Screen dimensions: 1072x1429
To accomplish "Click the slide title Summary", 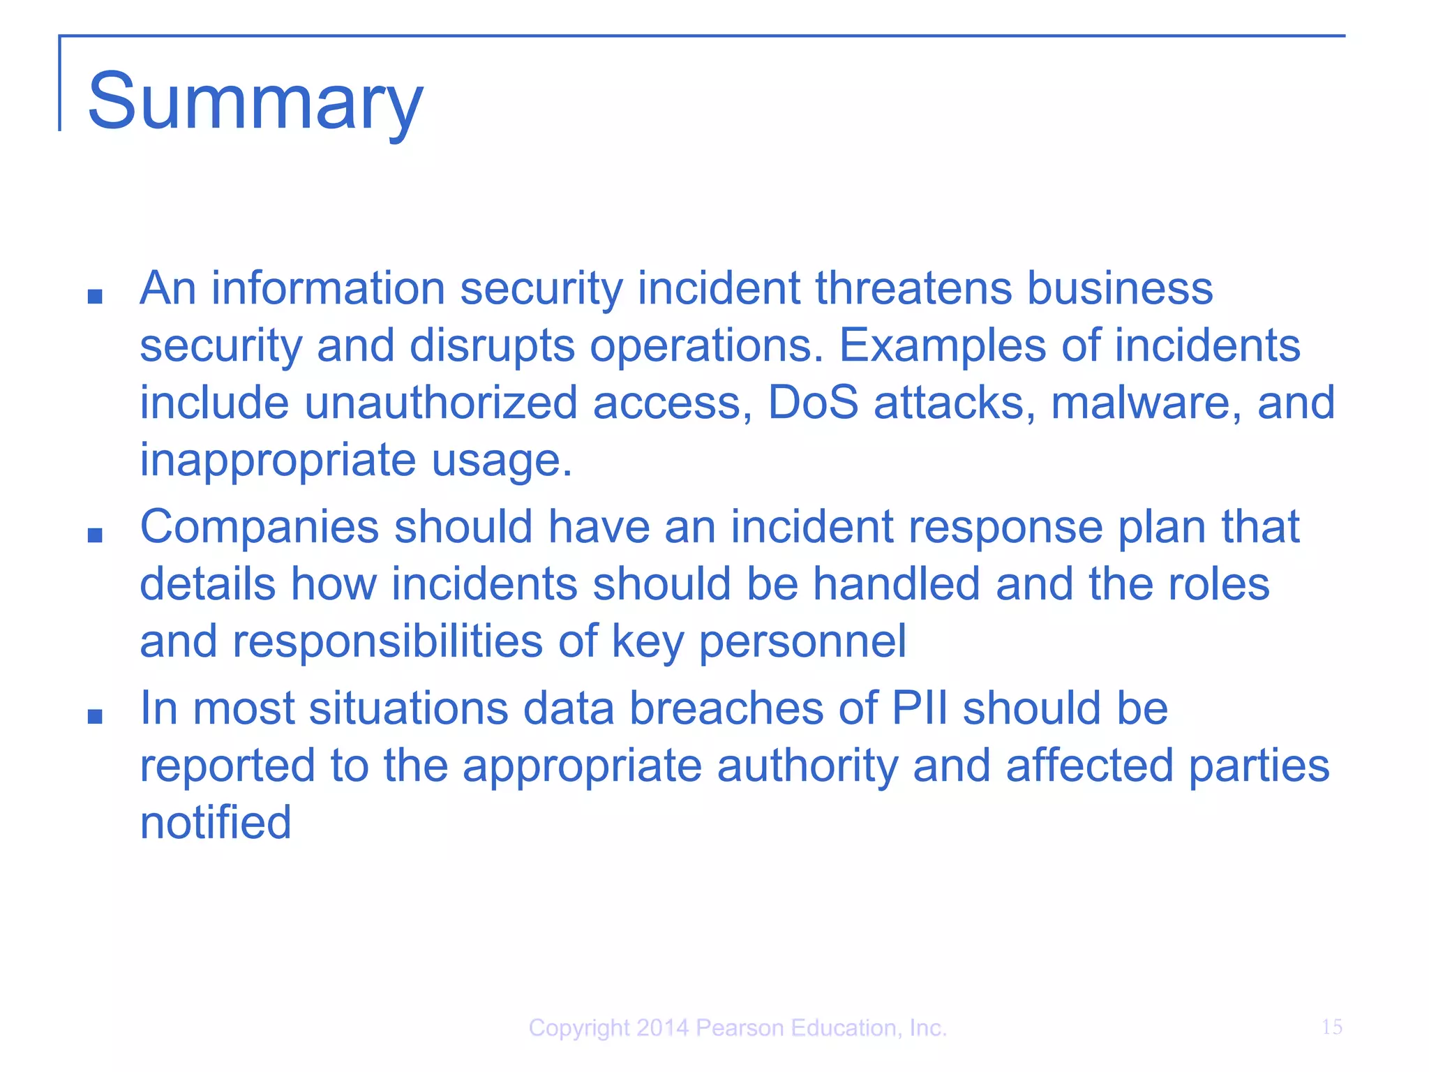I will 255,102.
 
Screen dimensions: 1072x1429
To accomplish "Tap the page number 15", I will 1331,1027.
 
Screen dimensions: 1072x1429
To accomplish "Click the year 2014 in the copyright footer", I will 662,1028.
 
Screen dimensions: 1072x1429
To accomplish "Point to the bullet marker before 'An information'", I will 95,297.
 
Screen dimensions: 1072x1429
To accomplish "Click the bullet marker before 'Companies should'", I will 95,535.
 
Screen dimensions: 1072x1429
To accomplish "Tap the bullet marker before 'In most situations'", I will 95,716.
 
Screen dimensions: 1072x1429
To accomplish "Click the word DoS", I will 813,403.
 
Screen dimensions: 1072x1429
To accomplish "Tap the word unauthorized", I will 441,403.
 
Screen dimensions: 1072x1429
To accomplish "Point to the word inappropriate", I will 278,461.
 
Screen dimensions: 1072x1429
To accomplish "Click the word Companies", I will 259,527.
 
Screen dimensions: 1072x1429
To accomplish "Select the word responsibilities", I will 387,641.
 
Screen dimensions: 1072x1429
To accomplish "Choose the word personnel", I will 802,641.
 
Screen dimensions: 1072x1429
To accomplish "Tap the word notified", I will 216,822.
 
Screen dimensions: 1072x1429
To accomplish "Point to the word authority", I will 807,766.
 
